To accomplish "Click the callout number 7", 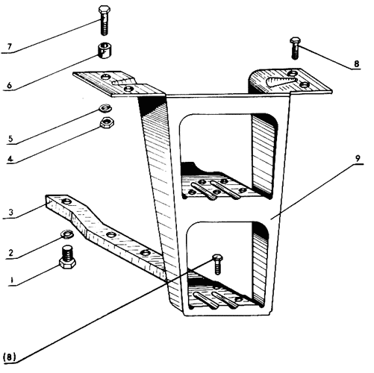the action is [x=10, y=46].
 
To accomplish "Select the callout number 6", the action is [x=9, y=85].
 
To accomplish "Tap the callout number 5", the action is [x=10, y=139].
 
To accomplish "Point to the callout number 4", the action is [x=10, y=158].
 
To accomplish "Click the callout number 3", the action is [x=10, y=213].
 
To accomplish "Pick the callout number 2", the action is [x=10, y=253].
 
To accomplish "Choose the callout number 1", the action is [x=11, y=280].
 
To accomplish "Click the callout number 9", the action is [x=358, y=158].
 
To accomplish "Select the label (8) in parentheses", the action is [x=10, y=357].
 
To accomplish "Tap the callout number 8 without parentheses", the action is [x=357, y=64].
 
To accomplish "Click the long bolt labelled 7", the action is [x=105, y=21].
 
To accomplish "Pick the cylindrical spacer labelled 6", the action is [x=104, y=51].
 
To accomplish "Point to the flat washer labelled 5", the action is [x=105, y=108].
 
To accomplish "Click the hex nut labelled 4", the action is [x=107, y=122].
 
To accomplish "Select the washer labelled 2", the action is [x=67, y=234].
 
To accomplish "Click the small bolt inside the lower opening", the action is [x=217, y=264].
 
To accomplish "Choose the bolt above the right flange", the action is [x=295, y=48].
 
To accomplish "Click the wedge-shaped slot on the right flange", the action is [x=281, y=81].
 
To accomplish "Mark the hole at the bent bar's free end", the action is [x=66, y=201].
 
